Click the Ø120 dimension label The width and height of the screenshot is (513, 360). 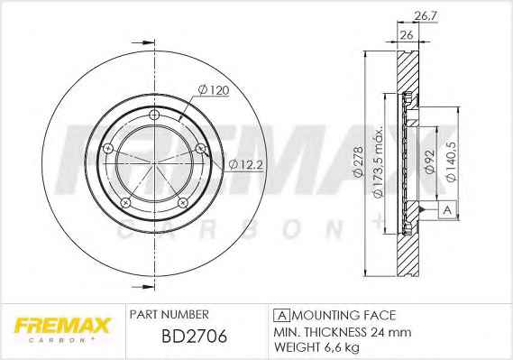coord(214,90)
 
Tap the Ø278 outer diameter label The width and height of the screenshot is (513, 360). coord(358,162)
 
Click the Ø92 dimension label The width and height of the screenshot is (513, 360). coord(429,162)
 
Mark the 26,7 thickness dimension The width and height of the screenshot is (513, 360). coord(426,15)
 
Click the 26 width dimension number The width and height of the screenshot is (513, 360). coord(407,34)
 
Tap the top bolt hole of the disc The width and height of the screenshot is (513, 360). coord(154,115)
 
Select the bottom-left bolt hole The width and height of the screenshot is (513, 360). coord(125,203)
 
